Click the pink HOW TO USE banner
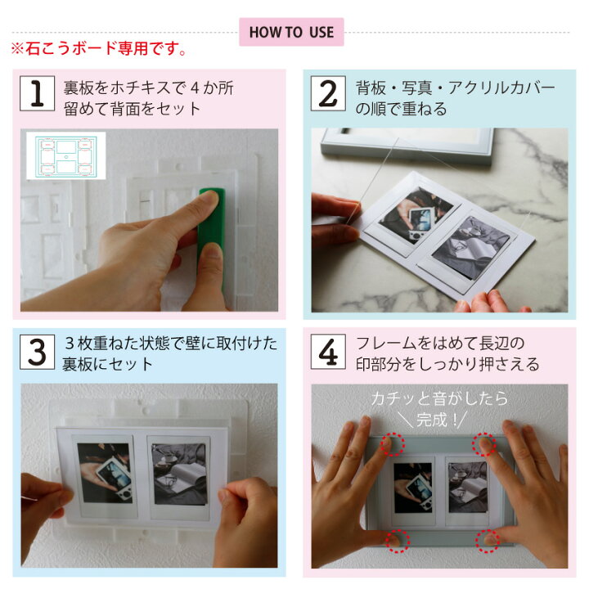coord(291,32)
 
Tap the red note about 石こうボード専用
coord(98,48)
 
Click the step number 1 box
coord(37,93)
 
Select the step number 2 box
coord(328,93)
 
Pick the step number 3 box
coord(37,352)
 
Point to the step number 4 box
coord(328,352)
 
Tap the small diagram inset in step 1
coord(66,155)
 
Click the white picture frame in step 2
coord(407,146)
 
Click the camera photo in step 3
coord(105,473)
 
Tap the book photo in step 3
coord(179,474)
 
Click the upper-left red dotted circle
coord(393,444)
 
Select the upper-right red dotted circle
coord(484,444)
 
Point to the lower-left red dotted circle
coord(398,542)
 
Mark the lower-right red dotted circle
coord(488,542)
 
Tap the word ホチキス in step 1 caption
coord(134,88)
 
